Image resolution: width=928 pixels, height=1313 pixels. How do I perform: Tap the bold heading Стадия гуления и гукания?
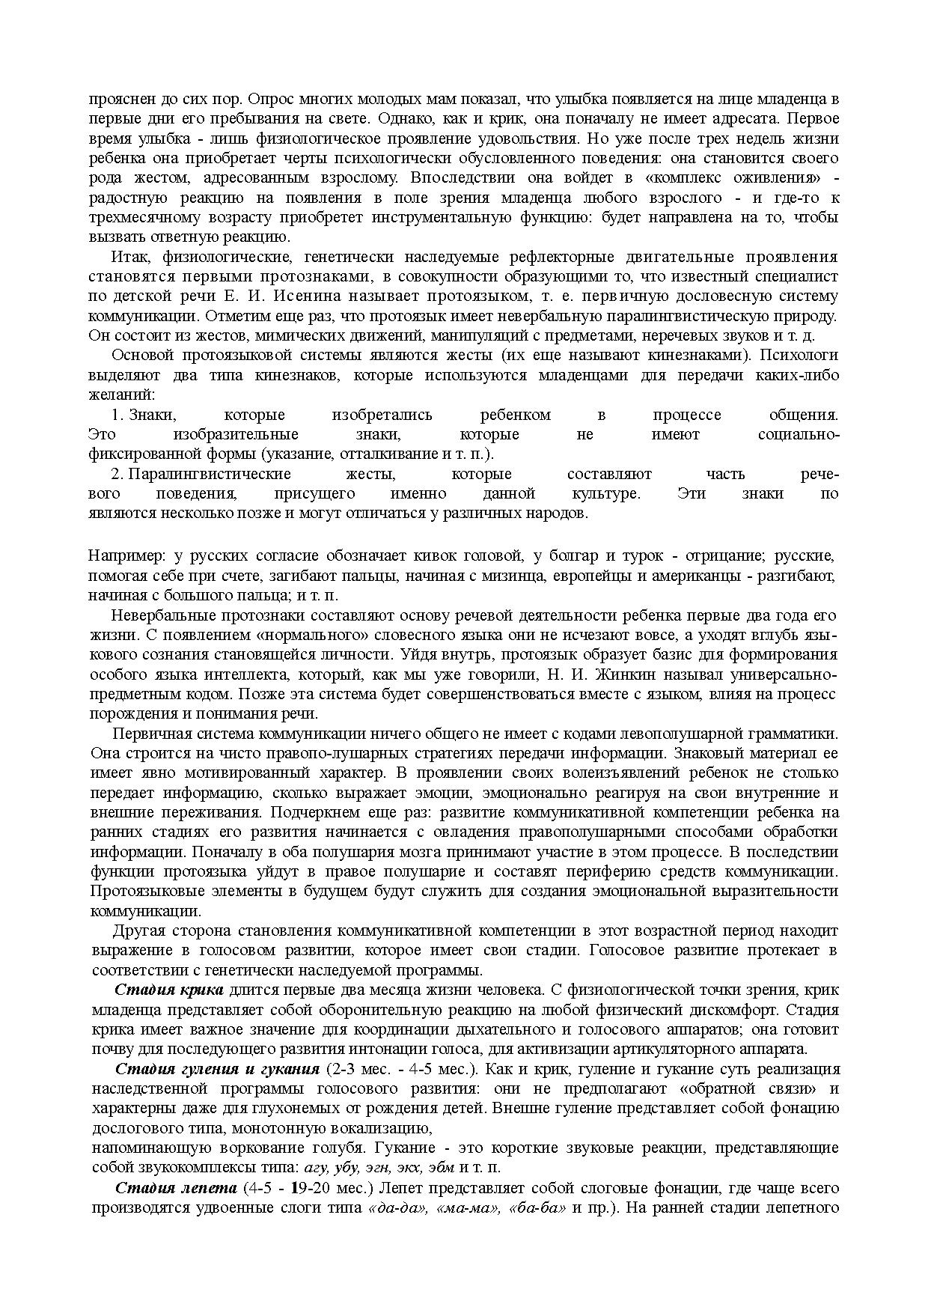tap(217, 1069)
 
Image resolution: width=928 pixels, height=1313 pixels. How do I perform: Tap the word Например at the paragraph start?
tap(125, 556)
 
